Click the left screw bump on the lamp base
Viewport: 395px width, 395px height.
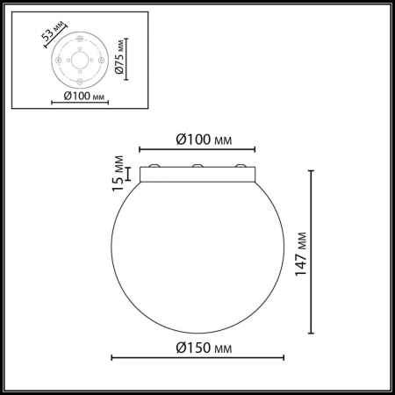tap(154, 167)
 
